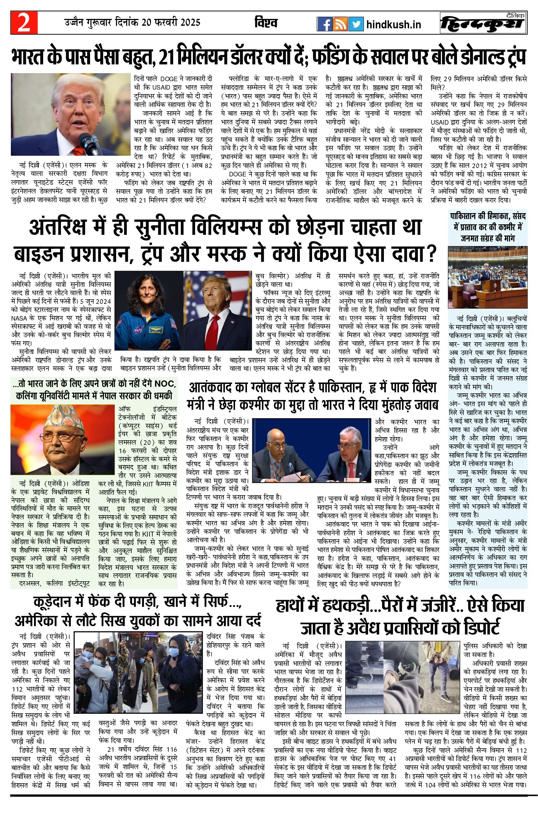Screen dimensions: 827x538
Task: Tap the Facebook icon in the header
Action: (324, 24)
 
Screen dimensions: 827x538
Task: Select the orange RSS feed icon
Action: (340, 24)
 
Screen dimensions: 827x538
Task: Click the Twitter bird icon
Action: (356, 24)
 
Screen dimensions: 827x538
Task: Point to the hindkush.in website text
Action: (393, 25)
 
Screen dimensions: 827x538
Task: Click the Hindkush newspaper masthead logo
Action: (483, 23)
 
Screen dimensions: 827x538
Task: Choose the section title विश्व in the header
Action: (266, 23)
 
